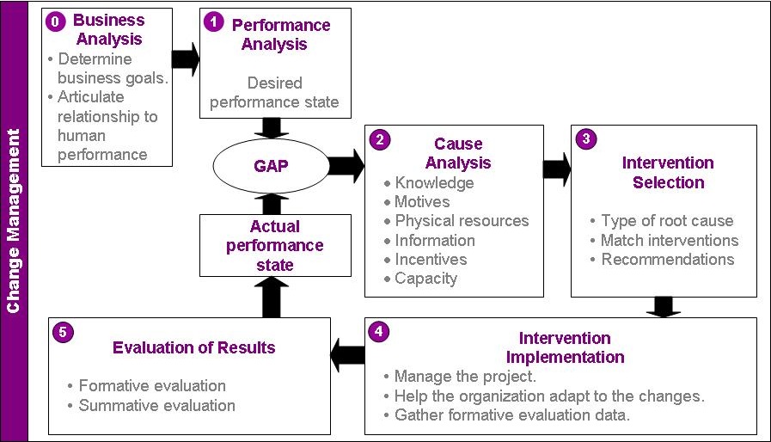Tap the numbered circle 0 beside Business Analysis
[56, 21]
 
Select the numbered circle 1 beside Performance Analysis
[214, 21]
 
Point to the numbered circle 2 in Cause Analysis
[380, 140]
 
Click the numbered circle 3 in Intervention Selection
[586, 138]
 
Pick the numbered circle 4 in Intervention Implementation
[378, 331]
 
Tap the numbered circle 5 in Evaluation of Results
[63, 332]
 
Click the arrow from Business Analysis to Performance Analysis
[186, 59]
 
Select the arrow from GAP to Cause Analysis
[346, 166]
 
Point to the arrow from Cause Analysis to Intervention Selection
[557, 169]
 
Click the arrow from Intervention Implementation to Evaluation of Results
[347, 354]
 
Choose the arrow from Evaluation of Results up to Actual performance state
[272, 298]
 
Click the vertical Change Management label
[13, 221]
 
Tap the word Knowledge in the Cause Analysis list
[434, 182]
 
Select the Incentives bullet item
[425, 260]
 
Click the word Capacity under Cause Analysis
[425, 279]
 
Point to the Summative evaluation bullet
[152, 405]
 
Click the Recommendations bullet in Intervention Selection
[663, 260]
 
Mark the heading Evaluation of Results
[193, 347]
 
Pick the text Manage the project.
[465, 377]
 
